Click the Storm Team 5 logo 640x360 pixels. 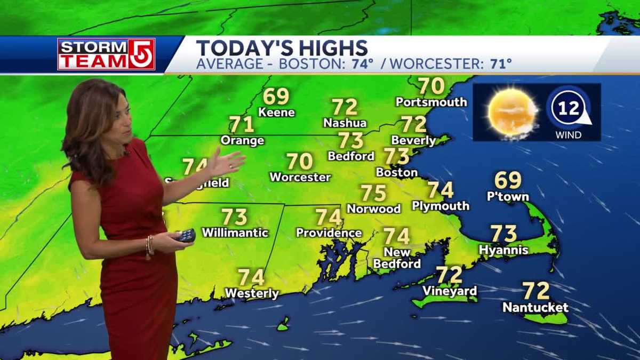pos(106,54)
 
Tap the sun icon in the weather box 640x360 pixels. pos(513,112)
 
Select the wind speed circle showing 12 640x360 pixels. pos(567,108)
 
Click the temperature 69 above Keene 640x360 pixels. pos(276,97)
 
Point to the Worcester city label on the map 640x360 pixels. pos(300,177)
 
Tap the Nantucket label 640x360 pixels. pos(535,308)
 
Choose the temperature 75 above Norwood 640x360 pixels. pos(373,193)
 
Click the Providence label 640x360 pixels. pos(329,233)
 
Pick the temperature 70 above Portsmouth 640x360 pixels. pos(431,86)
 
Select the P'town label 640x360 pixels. pos(508,196)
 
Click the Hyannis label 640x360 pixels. pos(503,250)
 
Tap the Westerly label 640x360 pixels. pos(251,293)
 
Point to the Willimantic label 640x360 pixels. pos(235,233)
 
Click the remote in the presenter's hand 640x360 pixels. pos(186,236)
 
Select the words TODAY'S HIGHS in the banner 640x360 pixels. pos(282,47)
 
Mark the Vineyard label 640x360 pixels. pos(449,291)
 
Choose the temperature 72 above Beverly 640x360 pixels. pos(414,124)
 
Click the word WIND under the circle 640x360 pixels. pos(568,135)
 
